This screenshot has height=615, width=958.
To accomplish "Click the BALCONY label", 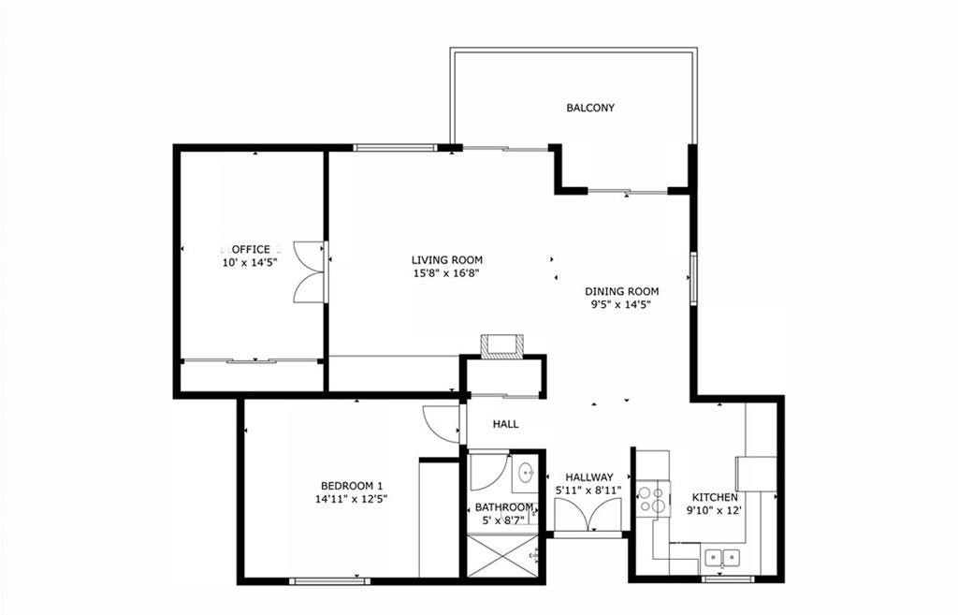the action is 590,109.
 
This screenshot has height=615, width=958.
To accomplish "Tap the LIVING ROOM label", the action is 446,260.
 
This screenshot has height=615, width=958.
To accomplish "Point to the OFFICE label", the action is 251,249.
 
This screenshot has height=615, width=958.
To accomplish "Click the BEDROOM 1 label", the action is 352,486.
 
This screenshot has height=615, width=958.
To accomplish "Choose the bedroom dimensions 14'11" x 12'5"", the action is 352,499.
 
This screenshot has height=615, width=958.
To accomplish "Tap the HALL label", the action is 506,424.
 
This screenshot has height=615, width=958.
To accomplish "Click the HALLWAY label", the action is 589,476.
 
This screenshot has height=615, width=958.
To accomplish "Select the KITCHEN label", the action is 715,497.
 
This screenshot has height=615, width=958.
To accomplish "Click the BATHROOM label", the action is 504,507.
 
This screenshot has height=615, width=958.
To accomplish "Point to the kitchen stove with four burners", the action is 653,499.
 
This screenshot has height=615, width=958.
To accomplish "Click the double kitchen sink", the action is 722,558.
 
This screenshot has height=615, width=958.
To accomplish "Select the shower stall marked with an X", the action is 501,555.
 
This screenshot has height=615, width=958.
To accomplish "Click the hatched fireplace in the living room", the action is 502,346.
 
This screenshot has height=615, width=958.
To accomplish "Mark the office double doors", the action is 311,271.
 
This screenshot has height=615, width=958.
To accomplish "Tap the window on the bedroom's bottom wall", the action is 330,580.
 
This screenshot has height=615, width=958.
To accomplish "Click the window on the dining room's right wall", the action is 693,278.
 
